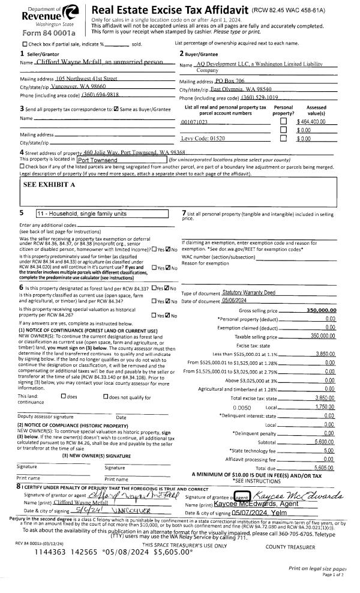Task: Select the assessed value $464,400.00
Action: point(310,121)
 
